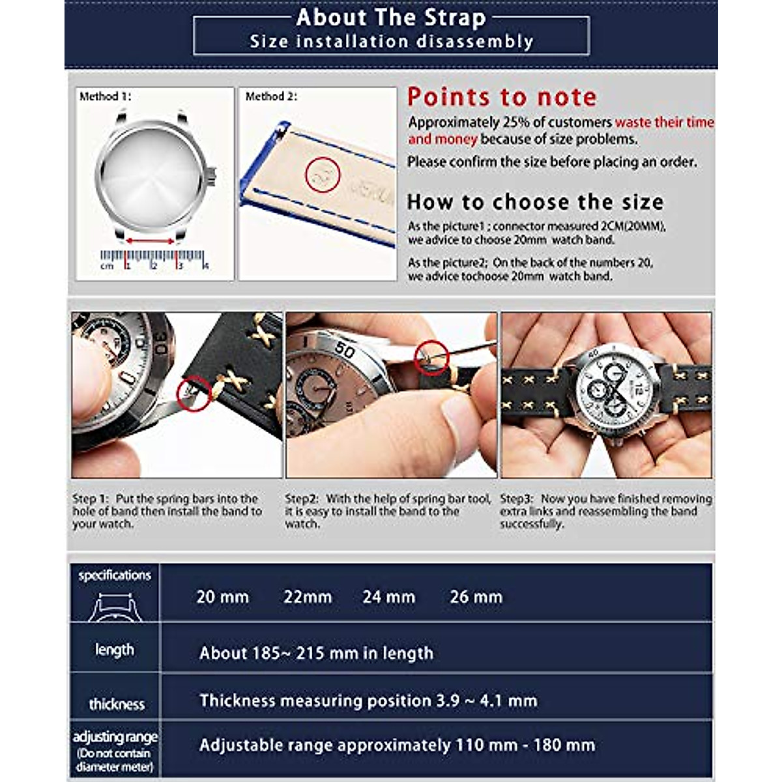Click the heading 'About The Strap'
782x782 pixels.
391,18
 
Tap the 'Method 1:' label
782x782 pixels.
105,96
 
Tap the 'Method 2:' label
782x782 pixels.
271,96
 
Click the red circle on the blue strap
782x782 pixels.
323,174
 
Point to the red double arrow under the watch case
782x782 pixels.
151,241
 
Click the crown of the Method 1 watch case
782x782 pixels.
212,174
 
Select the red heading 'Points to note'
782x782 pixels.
502,97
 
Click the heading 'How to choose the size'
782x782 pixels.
535,202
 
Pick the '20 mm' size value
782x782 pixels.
223,597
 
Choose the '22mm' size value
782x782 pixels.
308,597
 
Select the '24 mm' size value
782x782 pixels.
389,597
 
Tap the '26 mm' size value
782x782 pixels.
476,597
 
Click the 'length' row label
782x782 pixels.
114,650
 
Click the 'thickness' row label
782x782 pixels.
117,704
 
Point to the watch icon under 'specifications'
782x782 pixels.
114,607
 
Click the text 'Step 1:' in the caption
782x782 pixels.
90,499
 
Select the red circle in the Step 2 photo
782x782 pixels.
432,357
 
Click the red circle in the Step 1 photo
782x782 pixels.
194,394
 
